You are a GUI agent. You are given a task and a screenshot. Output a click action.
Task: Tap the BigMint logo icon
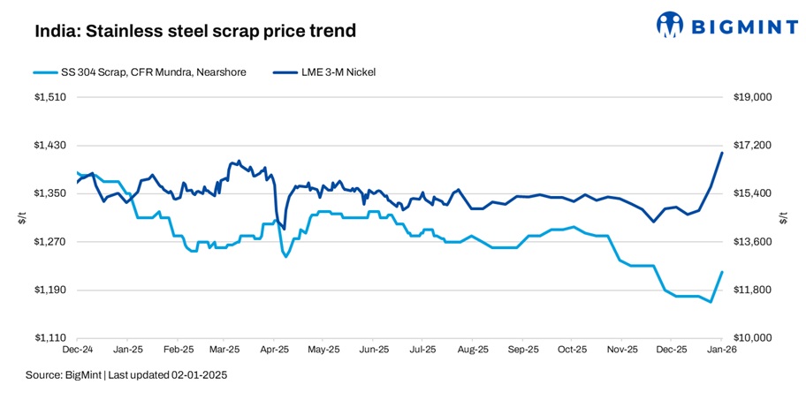click(x=671, y=26)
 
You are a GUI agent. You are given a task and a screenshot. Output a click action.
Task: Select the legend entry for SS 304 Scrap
click(x=139, y=72)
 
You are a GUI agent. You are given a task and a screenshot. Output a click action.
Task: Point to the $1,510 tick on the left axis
click(x=54, y=97)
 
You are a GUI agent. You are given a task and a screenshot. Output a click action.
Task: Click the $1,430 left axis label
click(x=54, y=145)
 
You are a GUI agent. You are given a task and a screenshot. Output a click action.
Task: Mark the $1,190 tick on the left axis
click(x=54, y=290)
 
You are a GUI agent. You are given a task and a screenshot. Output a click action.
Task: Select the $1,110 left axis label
click(x=54, y=338)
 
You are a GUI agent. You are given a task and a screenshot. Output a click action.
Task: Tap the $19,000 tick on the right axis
click(x=754, y=97)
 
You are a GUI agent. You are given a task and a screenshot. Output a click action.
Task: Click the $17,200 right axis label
click(x=754, y=145)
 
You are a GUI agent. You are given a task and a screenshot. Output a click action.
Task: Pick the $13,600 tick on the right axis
click(x=754, y=242)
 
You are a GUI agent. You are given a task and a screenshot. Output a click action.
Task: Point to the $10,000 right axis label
click(x=754, y=338)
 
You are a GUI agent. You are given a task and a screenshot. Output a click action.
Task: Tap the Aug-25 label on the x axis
click(x=473, y=351)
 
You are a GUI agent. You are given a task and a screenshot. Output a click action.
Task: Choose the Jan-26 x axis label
click(x=721, y=351)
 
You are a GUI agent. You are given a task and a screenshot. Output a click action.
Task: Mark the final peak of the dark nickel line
click(x=722, y=153)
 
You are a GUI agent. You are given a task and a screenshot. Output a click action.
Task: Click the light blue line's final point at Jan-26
click(x=722, y=272)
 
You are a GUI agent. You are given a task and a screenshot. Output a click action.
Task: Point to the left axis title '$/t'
click(x=21, y=217)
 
